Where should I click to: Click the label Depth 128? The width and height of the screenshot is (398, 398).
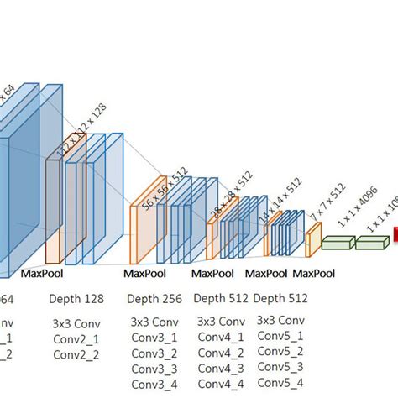tap(77, 299)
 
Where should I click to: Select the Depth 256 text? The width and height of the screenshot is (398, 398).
tap(154, 299)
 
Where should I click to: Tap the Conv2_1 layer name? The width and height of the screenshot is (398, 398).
tap(76, 338)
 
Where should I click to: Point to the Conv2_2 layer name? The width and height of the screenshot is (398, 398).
tap(76, 354)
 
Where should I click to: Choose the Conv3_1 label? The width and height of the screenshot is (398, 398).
tap(154, 338)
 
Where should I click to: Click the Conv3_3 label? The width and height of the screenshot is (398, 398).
tap(154, 369)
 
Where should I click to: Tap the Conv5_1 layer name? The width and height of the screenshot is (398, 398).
tap(280, 336)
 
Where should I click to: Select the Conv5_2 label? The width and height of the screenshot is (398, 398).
tap(280, 351)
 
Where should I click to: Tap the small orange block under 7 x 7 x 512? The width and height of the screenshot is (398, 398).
tap(313, 244)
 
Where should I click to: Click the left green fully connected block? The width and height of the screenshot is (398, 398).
tap(337, 243)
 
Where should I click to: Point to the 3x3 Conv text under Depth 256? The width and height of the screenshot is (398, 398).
tap(154, 322)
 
